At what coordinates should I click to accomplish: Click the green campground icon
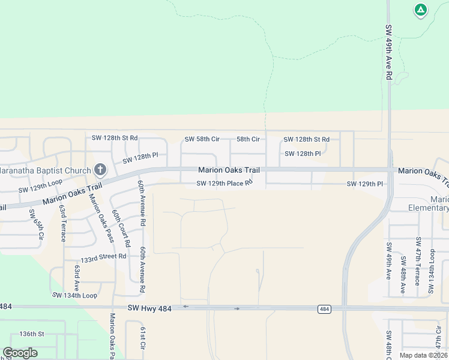pos(421,10)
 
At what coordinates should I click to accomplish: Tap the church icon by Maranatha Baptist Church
pos(100,170)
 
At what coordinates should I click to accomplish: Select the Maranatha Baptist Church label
pos(45,170)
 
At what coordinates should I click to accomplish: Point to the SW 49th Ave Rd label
pos(389,53)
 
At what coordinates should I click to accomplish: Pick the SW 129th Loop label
pos(40,185)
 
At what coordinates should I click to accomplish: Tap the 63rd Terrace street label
pos(62,223)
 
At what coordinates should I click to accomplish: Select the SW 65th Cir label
pos(39,226)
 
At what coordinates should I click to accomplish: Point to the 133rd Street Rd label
pos(103,256)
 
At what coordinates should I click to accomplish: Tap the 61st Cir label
pos(143,340)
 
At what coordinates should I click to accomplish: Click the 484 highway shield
pos(324,309)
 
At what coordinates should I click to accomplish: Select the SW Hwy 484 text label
pos(149,308)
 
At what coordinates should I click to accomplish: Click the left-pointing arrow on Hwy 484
pos(185,307)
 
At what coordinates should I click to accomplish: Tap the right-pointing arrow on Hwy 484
pos(237,309)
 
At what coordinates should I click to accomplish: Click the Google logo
pos(20,353)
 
